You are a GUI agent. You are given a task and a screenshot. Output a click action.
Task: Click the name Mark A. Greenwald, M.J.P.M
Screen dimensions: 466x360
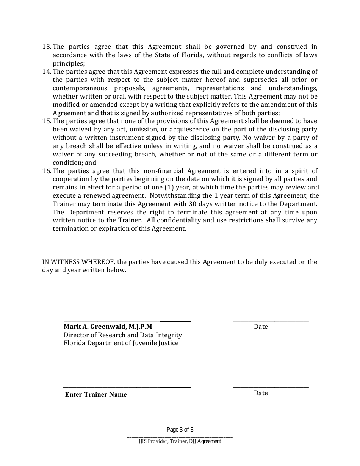(108, 327)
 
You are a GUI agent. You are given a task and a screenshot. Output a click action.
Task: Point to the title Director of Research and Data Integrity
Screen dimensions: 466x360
(123, 335)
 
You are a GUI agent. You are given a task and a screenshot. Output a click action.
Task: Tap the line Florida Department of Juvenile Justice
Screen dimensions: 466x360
(121, 343)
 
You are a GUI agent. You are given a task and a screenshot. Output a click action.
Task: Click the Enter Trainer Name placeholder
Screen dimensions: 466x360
(96, 394)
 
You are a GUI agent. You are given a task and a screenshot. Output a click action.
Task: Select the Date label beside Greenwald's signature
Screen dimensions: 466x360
(261, 327)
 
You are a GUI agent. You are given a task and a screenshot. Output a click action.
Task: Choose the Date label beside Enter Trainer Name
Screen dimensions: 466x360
(261, 393)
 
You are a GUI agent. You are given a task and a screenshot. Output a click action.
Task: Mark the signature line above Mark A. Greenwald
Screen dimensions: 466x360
(127, 321)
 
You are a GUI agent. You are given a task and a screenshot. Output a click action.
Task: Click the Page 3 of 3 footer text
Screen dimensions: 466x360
(180, 430)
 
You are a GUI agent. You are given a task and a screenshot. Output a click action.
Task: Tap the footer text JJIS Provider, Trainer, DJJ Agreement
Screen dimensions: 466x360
(180, 441)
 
